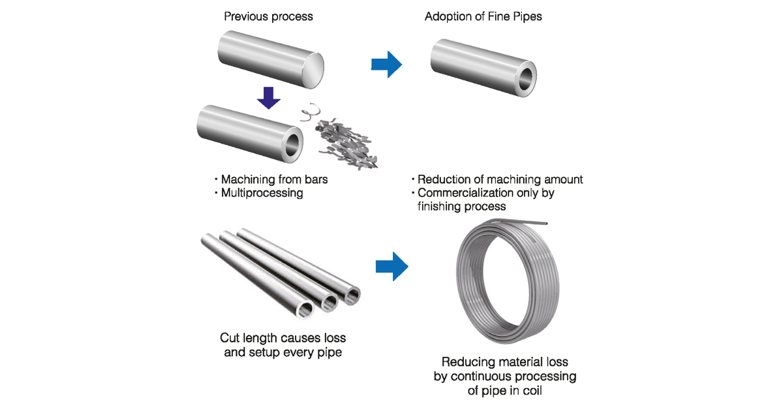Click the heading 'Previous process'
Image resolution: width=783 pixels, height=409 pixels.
coord(268,16)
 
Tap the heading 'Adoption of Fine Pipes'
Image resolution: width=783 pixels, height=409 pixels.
coord(484,16)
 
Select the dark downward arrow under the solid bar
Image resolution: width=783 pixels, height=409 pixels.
coord(268,97)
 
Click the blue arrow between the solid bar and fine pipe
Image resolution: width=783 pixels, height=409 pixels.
coord(387,63)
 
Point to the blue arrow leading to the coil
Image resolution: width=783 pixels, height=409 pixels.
coord(391,266)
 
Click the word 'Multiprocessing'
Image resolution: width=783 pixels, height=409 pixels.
coord(262,193)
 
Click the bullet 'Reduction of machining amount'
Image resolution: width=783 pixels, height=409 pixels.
coord(500,179)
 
